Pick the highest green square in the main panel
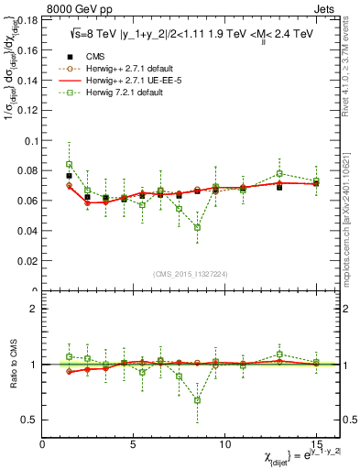click(69, 165)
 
